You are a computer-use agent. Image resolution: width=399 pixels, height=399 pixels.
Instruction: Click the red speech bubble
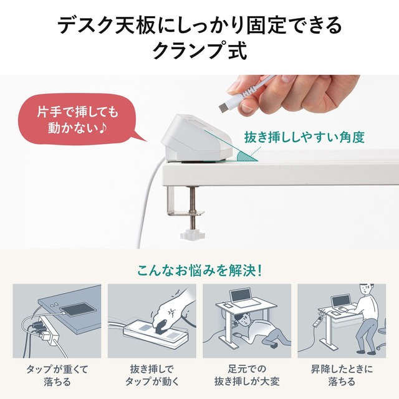(x=76, y=119)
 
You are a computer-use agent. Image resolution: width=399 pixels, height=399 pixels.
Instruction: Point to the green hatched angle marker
(x=245, y=156)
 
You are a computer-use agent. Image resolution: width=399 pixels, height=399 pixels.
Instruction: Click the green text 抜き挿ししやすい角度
(x=304, y=137)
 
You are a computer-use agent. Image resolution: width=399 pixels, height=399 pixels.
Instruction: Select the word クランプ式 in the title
(x=199, y=51)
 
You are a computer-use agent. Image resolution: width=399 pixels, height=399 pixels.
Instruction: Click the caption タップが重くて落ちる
(x=57, y=375)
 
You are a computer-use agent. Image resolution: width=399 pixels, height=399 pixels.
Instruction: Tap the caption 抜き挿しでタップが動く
(x=152, y=375)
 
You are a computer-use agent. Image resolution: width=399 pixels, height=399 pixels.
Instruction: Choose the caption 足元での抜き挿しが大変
(x=247, y=375)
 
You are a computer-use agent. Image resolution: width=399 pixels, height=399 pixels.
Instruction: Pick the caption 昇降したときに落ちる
(x=342, y=375)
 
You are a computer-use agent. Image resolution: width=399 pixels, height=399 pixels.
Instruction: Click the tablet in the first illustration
(x=78, y=309)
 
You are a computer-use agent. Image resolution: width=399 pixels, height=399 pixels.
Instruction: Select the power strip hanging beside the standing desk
(x=316, y=321)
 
